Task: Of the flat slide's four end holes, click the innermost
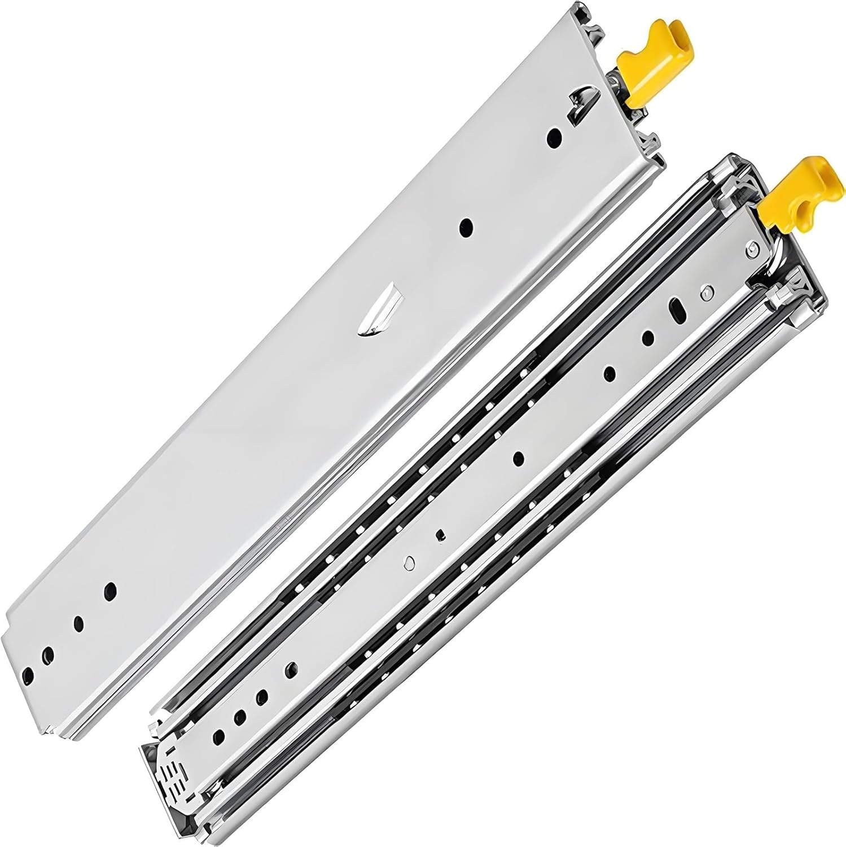coord(110,591)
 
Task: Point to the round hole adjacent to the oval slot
coord(648,338)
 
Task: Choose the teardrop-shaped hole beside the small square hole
coord(410,562)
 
